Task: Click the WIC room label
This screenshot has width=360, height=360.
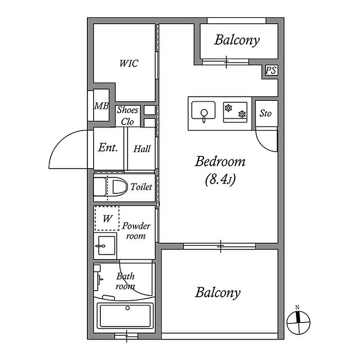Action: pyautogui.click(x=129, y=64)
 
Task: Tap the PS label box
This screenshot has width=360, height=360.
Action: pyautogui.click(x=271, y=71)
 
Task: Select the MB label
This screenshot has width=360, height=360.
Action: pyautogui.click(x=101, y=106)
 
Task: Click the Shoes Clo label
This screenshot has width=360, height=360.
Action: pyautogui.click(x=128, y=116)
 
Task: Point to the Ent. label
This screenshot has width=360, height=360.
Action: pyautogui.click(x=109, y=148)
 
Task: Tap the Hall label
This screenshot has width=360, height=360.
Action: pyautogui.click(x=142, y=149)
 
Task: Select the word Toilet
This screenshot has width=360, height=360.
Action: pyautogui.click(x=141, y=187)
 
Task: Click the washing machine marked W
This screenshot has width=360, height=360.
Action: pyautogui.click(x=106, y=219)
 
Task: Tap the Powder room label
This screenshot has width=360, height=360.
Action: pyautogui.click(x=136, y=231)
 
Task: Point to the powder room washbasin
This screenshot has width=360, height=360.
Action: pyautogui.click(x=105, y=246)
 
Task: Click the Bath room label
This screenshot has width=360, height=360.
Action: pyautogui.click(x=125, y=281)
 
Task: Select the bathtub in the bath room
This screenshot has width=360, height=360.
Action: pyautogui.click(x=125, y=315)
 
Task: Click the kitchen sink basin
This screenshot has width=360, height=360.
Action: pyautogui.click(x=204, y=110)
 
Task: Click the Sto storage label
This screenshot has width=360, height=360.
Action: pyautogui.click(x=265, y=114)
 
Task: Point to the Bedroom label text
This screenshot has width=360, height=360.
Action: pyautogui.click(x=220, y=162)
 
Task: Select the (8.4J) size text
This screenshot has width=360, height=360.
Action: pyautogui.click(x=220, y=180)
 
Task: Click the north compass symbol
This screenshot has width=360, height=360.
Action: pyautogui.click(x=298, y=322)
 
